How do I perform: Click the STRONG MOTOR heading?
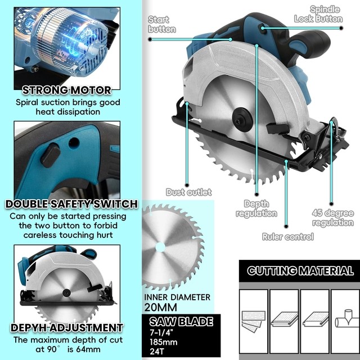[67, 90]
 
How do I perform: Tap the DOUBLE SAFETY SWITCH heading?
[71, 204]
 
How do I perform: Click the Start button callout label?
[161, 24]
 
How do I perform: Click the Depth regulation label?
[256, 208]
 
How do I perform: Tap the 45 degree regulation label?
[333, 218]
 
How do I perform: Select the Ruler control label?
[287, 237]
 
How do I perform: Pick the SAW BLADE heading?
[181, 322]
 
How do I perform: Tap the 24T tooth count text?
[156, 352]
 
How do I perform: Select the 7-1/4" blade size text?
[161, 333]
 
